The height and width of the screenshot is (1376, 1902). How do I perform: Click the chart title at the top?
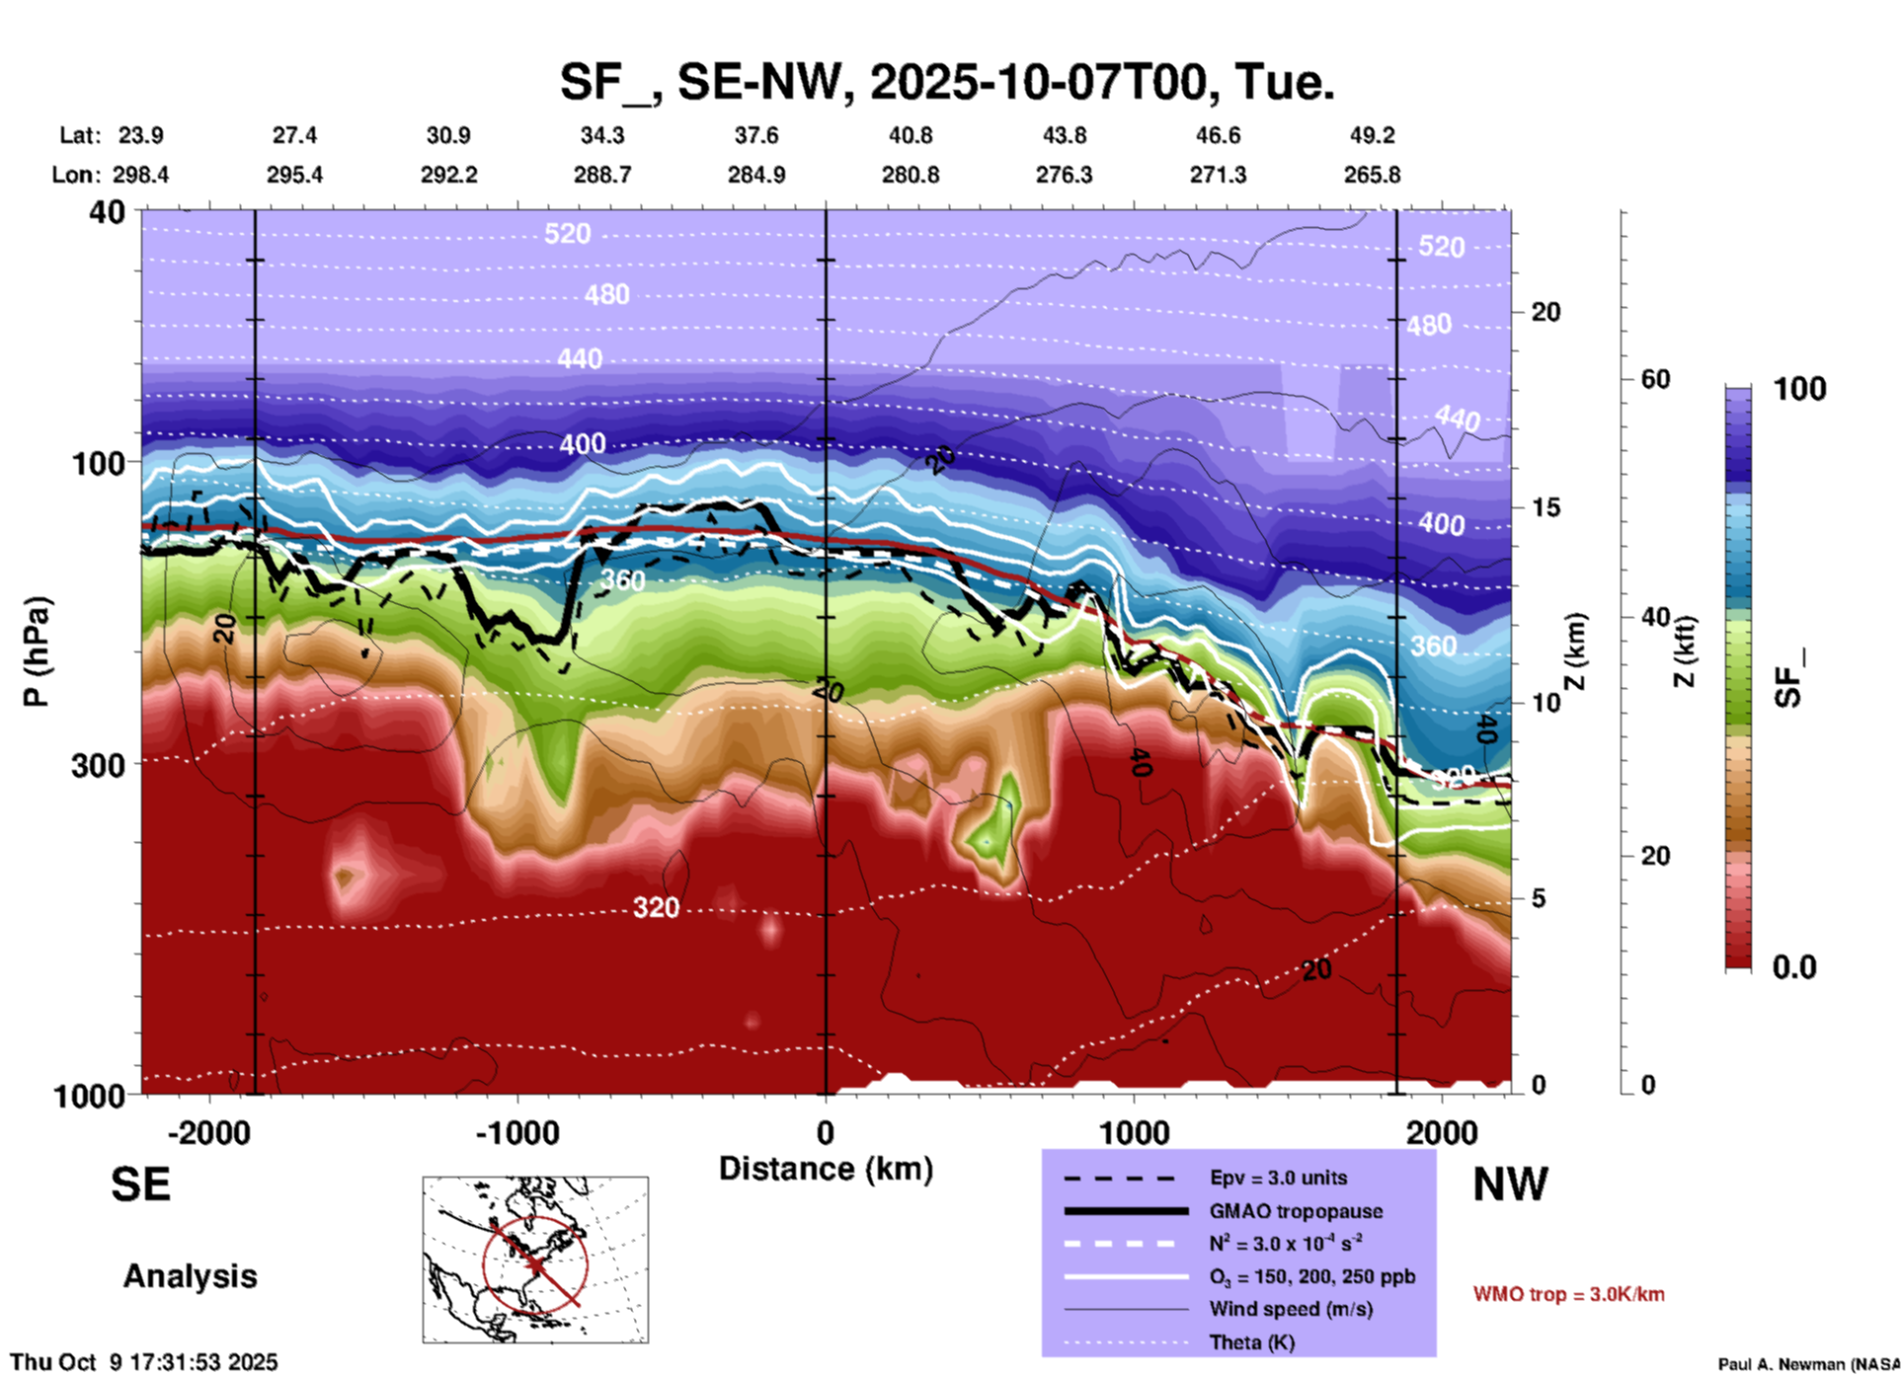click(x=946, y=82)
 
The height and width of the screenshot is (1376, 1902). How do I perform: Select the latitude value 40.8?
click(x=910, y=135)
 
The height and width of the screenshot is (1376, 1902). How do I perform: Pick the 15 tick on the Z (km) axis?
click(x=1545, y=507)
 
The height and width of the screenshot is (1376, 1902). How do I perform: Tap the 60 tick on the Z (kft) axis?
click(x=1654, y=379)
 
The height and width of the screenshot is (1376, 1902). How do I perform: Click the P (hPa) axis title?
click(x=37, y=651)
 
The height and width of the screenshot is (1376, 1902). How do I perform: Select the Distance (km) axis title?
click(x=826, y=1169)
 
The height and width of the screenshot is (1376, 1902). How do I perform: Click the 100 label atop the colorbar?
click(x=1799, y=389)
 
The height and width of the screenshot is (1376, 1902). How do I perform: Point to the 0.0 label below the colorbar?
click(x=1794, y=966)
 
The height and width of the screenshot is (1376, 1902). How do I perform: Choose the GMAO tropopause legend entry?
click(x=1295, y=1211)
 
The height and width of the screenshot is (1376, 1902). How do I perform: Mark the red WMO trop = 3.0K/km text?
click(x=1568, y=1294)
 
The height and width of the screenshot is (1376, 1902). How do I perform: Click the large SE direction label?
click(x=140, y=1185)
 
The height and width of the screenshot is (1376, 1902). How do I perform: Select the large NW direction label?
click(x=1510, y=1185)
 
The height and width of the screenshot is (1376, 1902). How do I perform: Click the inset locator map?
click(x=535, y=1259)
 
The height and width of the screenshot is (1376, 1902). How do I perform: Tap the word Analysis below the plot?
click(x=190, y=1276)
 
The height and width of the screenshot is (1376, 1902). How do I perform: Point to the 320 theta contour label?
click(x=656, y=908)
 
